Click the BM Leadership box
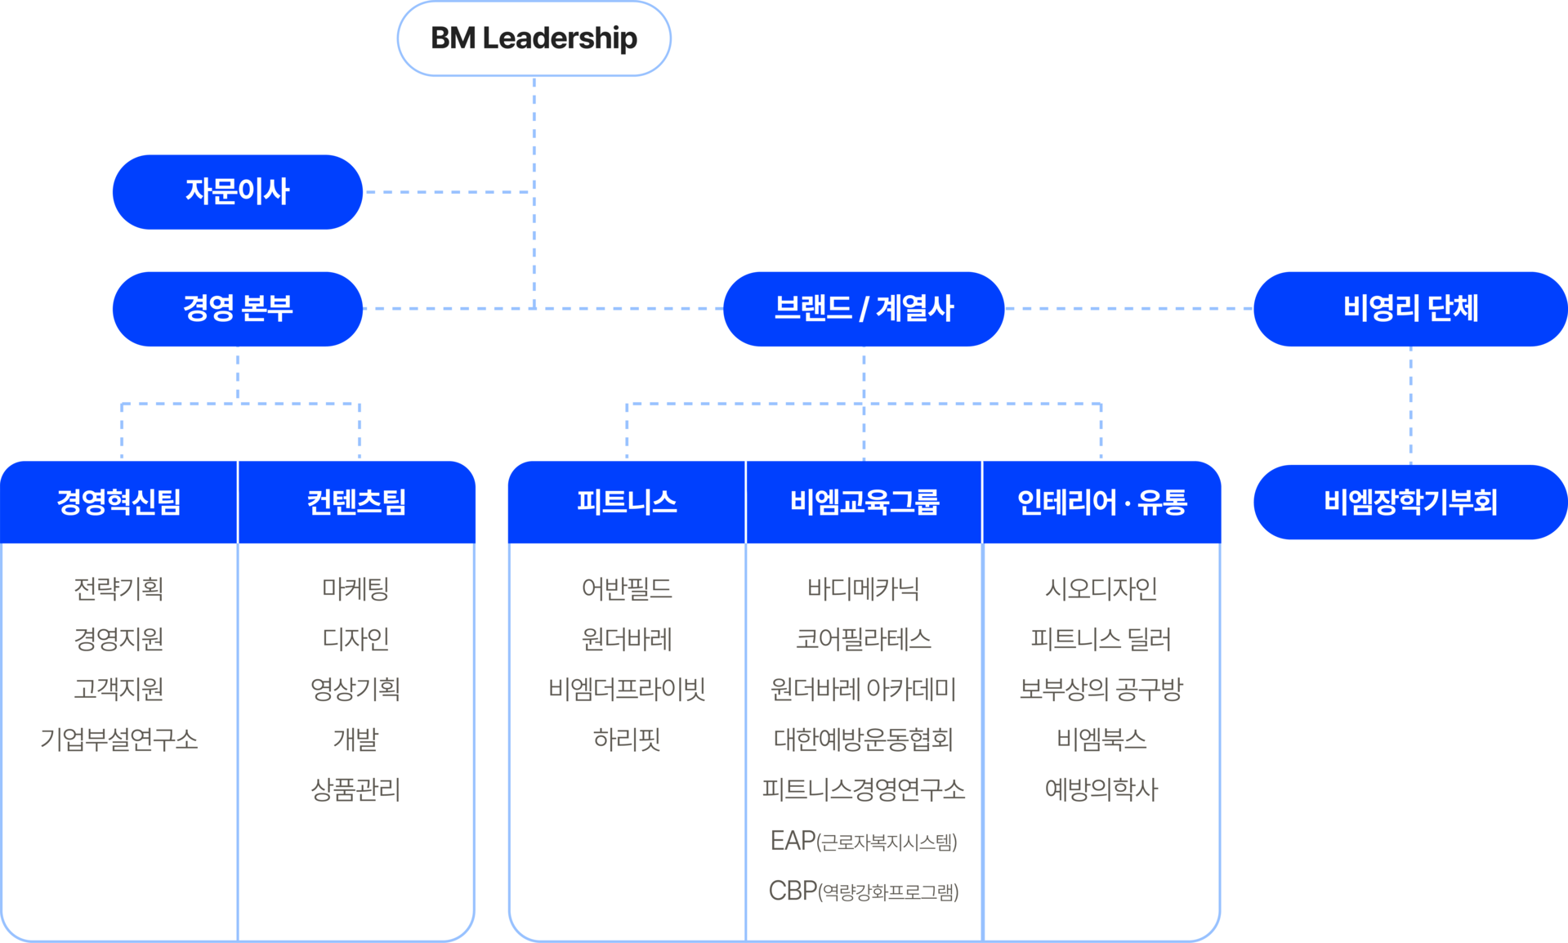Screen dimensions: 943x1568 (x=534, y=38)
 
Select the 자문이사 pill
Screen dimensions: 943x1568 (x=237, y=191)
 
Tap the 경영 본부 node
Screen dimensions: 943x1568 (x=237, y=309)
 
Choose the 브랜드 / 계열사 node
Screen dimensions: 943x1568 (x=864, y=309)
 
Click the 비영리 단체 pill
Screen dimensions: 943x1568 (x=1410, y=309)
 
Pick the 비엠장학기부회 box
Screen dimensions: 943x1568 (x=1410, y=502)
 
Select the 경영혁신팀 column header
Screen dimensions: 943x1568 (x=119, y=502)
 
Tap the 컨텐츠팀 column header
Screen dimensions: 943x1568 (x=356, y=502)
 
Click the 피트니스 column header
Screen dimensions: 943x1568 (x=627, y=502)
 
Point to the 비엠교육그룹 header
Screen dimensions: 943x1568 (x=864, y=502)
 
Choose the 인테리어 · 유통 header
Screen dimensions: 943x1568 (x=1101, y=502)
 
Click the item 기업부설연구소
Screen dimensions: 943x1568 (x=119, y=740)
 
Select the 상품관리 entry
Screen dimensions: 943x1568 (x=356, y=790)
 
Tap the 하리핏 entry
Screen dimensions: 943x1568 (x=627, y=740)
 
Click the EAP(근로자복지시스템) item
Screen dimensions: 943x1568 (x=864, y=841)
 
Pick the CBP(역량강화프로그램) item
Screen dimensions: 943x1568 (x=864, y=891)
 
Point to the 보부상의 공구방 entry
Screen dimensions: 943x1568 (x=1101, y=690)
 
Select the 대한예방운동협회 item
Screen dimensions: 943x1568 (x=864, y=740)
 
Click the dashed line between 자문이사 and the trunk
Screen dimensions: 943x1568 (x=448, y=192)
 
